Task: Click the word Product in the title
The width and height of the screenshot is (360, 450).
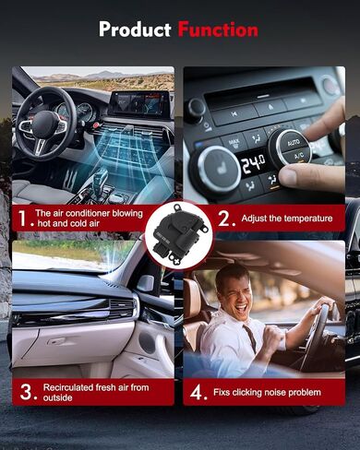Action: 135,30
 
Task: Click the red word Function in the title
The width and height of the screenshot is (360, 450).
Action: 218,30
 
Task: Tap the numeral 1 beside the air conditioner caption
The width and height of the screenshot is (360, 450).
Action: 23,218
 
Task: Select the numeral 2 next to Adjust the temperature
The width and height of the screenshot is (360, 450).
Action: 224,219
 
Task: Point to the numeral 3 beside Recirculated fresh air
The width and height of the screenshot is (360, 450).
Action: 26,392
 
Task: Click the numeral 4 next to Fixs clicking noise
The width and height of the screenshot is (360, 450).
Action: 197,392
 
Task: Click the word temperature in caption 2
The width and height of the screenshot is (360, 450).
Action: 308,219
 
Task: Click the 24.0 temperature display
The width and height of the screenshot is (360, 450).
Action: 253,163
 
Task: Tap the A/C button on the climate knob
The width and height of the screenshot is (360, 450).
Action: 298,156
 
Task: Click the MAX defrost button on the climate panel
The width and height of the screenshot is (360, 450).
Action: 234,143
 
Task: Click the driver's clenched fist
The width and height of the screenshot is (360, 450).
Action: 273,337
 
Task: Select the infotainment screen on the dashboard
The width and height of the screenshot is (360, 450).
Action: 140,103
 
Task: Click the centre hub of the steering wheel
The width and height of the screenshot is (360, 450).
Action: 45,124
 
